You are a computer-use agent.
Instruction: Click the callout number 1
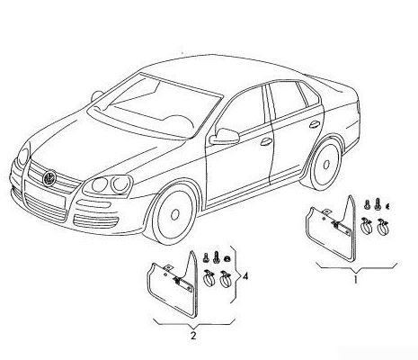[x=356, y=280]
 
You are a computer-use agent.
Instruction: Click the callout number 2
[x=193, y=336]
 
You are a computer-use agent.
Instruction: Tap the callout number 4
[x=245, y=276]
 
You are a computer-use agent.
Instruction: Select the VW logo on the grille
[x=49, y=177]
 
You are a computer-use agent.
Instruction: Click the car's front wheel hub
[x=174, y=214]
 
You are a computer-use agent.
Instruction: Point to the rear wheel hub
[x=326, y=165]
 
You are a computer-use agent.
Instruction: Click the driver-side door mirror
[x=225, y=137]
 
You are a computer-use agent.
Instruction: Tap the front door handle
[x=266, y=142]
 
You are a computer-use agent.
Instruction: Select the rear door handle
[x=315, y=124]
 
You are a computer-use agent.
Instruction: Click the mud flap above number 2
[x=173, y=288]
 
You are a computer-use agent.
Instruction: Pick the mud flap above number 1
[x=331, y=231]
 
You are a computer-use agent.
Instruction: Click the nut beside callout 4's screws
[x=227, y=257]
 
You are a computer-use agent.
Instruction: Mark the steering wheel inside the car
[x=179, y=121]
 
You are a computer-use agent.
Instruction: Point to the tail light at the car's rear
[x=358, y=107]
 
